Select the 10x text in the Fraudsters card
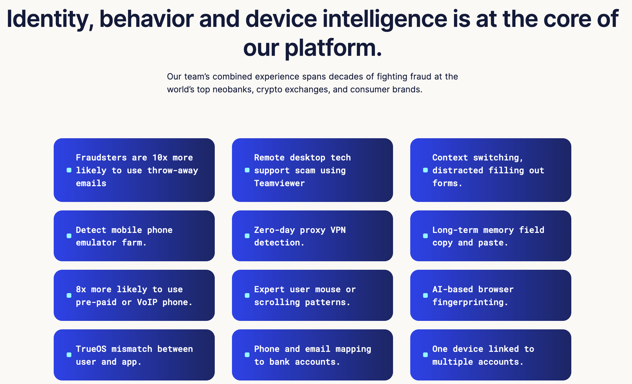coord(160,158)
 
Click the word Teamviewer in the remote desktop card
coord(279,183)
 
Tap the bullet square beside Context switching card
coord(425,170)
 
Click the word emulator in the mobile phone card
coord(96,243)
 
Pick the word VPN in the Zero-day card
coord(338,230)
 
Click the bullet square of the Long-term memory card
coord(425,236)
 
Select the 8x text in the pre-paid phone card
coord(81,289)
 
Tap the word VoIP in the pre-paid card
coord(147,302)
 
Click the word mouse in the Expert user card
coord(328,289)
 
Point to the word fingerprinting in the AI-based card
coord(470,302)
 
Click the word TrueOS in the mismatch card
coord(91,349)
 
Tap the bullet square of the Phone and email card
coord(247,355)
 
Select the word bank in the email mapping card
coord(279,362)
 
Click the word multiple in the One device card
coord(452,362)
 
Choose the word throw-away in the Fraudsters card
coord(172,170)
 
